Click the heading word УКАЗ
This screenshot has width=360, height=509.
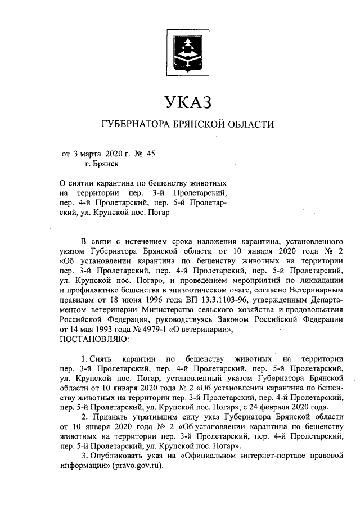coord(188,103)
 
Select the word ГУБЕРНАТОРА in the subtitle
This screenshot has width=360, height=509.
coord(134,124)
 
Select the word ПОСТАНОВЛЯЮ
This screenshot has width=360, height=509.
coord(94,339)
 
